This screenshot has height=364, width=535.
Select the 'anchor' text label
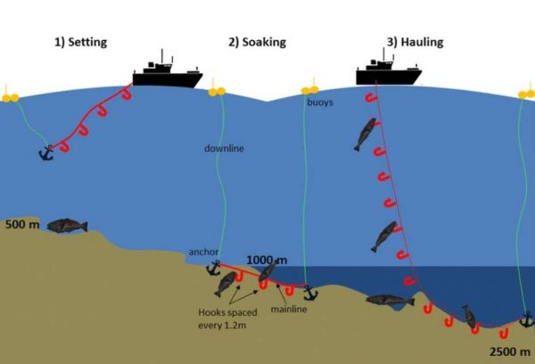[203, 252]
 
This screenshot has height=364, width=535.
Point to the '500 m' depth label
[22, 225]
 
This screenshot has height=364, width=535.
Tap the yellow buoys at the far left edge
[10, 95]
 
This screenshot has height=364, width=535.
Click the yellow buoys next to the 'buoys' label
[310, 90]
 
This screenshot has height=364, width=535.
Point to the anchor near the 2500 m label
[526, 318]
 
